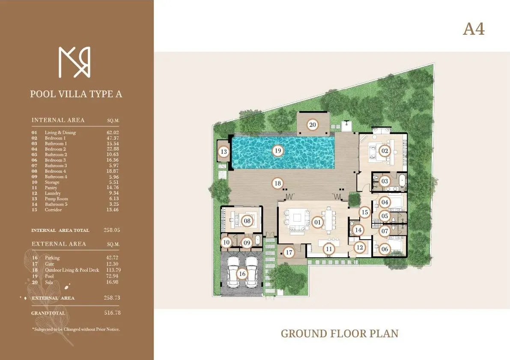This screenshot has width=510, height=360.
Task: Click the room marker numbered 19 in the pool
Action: tap(278, 150)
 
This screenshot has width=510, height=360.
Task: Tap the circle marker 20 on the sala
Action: tap(313, 125)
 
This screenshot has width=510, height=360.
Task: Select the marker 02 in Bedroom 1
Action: tap(385, 151)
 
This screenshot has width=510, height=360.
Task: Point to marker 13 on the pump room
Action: tap(224, 152)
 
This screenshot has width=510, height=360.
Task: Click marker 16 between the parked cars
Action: tap(242, 273)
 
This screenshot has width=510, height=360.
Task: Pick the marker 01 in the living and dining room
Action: tap(317, 222)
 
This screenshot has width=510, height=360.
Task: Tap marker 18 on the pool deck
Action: tap(277, 183)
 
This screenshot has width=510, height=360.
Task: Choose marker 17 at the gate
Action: tap(289, 252)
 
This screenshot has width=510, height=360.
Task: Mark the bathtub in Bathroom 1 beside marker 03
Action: tap(402, 181)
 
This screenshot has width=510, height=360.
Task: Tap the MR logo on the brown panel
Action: tap(75, 63)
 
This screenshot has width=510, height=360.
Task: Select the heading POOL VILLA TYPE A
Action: tap(76, 94)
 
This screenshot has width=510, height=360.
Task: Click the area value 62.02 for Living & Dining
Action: tap(113, 133)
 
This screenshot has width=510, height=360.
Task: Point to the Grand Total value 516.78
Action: tap(112, 313)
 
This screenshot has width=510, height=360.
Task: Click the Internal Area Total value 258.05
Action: tap(112, 230)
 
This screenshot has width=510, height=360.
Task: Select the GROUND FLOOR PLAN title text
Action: tap(340, 333)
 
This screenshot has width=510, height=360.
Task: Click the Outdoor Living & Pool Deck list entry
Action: tap(72, 270)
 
